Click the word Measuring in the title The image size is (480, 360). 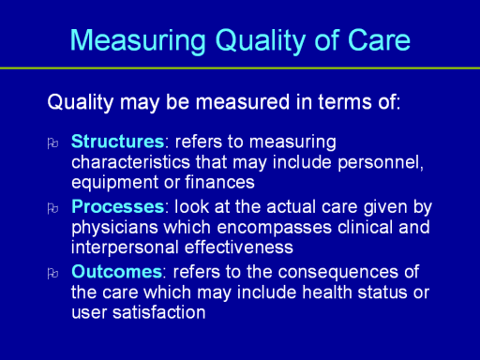138,41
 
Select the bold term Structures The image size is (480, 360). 117,142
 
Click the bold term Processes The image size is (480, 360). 117,206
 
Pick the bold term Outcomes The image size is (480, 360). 116,272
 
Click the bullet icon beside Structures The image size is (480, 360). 52,143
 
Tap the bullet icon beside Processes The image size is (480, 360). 52,208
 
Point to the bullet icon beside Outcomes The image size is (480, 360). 52,274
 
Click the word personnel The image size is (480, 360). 381,162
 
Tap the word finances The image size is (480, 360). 219,182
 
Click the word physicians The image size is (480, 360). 114,229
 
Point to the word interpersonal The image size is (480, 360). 125,248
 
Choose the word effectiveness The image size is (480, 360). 239,247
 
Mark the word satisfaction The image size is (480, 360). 158,312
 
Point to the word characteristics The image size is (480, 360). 130,162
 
